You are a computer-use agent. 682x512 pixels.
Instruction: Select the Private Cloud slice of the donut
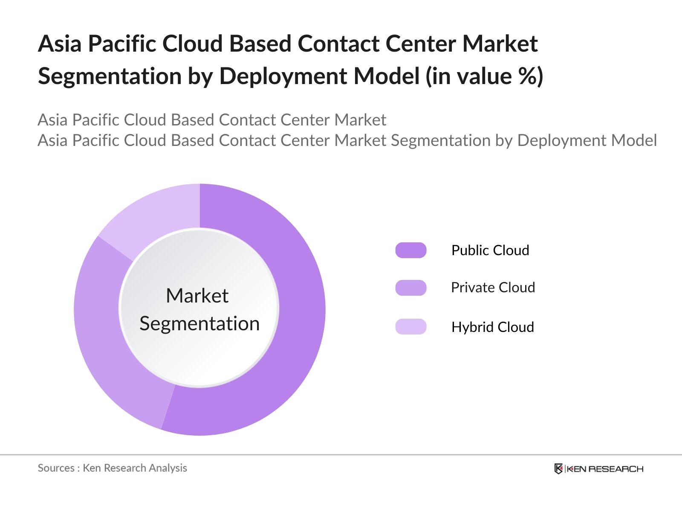click(x=102, y=333)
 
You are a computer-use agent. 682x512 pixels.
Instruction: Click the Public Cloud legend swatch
click(x=410, y=250)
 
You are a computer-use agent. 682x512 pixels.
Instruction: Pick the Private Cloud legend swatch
click(x=410, y=288)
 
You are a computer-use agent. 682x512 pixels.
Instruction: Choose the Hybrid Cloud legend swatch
click(x=410, y=326)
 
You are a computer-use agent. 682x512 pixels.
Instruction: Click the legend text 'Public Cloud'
click(x=490, y=250)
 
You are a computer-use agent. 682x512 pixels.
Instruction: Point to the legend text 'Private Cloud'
click(x=493, y=288)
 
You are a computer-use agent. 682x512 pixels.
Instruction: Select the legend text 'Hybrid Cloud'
click(x=492, y=327)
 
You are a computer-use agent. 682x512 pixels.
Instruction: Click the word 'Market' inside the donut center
click(x=197, y=296)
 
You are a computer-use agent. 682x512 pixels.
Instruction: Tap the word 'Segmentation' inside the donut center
click(x=199, y=323)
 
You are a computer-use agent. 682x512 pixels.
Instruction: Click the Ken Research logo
click(x=598, y=468)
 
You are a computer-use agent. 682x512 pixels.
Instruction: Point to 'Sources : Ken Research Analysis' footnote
click(x=112, y=468)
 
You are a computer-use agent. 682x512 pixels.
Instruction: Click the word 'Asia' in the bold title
click(x=59, y=44)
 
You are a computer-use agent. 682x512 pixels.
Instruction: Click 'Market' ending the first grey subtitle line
click(x=360, y=120)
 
